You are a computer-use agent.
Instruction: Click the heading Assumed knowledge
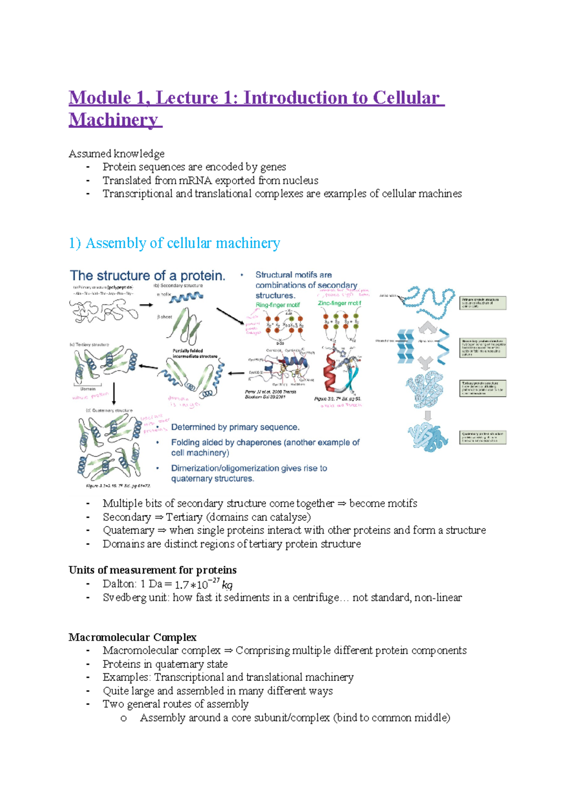[116, 153]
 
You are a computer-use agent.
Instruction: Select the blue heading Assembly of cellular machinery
[182, 243]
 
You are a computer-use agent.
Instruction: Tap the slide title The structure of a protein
[147, 276]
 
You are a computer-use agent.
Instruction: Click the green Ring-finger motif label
[277, 305]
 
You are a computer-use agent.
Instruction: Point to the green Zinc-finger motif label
[339, 303]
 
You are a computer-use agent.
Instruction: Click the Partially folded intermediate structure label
[195, 353]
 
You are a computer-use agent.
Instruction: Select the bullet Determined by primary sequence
[235, 427]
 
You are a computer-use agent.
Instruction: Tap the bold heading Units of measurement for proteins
[152, 570]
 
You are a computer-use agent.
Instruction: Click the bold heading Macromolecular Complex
[133, 637]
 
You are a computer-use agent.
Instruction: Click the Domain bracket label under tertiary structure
[88, 388]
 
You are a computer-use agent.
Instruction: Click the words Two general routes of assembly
[176, 704]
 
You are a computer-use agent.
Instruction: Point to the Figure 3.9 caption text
[337, 399]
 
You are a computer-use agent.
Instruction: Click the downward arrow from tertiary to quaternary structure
[114, 393]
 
